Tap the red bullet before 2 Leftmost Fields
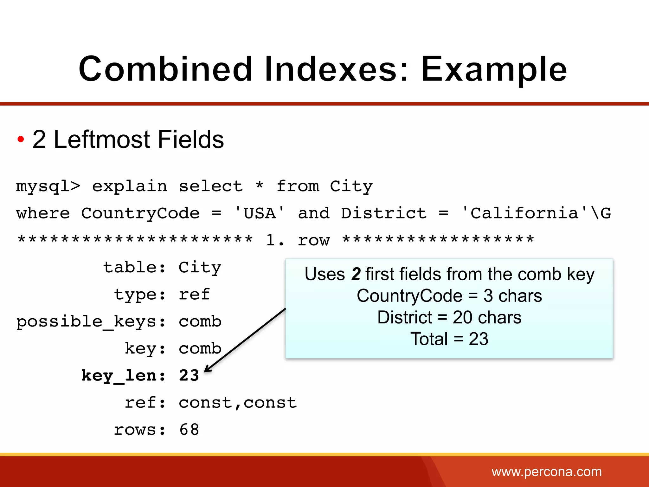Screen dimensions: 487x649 pos(21,139)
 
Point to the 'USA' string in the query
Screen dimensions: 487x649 pos(259,213)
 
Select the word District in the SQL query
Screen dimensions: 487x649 pos(384,213)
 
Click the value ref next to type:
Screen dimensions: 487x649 pos(194,295)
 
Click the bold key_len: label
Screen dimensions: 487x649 pos(124,376)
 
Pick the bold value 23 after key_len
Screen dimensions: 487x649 pos(189,376)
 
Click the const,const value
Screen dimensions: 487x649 pos(238,403)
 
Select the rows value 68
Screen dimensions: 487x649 pos(189,430)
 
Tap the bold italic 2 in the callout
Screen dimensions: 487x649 pos(356,274)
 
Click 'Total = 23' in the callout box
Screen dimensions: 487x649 pos(449,339)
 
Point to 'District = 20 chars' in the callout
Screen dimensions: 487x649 pos(449,317)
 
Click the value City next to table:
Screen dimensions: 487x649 pos(200,268)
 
